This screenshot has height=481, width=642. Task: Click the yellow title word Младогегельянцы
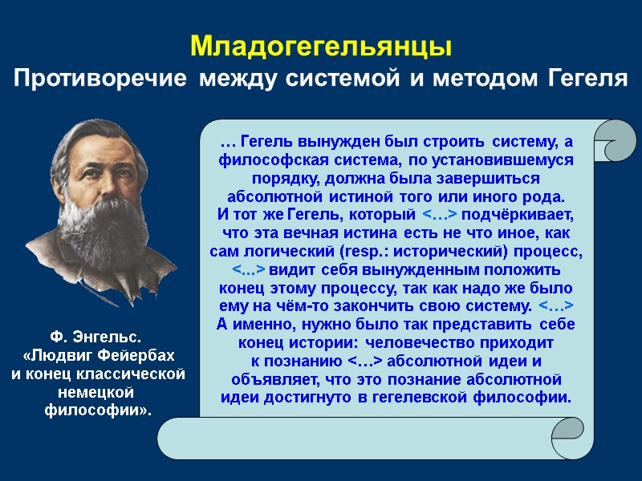point(321,46)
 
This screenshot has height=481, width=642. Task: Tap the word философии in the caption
point(96,410)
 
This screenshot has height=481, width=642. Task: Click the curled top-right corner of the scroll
point(616,143)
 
